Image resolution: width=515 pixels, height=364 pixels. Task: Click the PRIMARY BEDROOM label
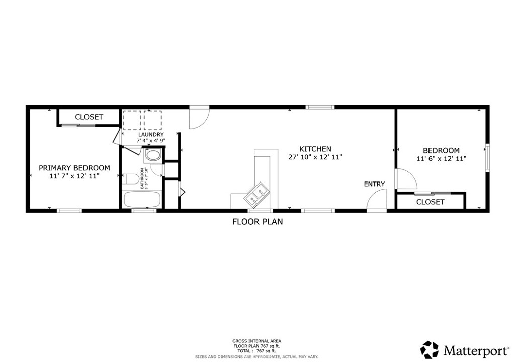click(74, 168)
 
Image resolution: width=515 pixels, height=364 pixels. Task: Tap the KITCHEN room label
click(315, 149)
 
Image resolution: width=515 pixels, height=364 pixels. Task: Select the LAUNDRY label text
click(151, 135)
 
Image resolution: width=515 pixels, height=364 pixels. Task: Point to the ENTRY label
click(374, 184)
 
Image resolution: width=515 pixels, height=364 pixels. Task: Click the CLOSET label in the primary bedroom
click(89, 117)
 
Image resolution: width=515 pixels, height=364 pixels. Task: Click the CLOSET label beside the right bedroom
click(431, 202)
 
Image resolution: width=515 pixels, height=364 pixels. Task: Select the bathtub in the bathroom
click(141, 200)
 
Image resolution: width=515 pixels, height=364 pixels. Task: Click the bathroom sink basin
click(153, 155)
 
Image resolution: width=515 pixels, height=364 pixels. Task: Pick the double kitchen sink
click(257, 194)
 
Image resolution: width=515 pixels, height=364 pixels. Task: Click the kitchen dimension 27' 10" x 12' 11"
click(315, 157)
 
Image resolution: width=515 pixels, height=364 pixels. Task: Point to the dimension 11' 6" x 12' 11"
click(441, 159)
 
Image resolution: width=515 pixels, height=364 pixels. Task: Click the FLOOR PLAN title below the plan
click(257, 221)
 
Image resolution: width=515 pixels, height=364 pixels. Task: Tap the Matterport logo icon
click(430, 349)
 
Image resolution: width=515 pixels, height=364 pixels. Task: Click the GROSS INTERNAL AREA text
click(257, 340)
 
